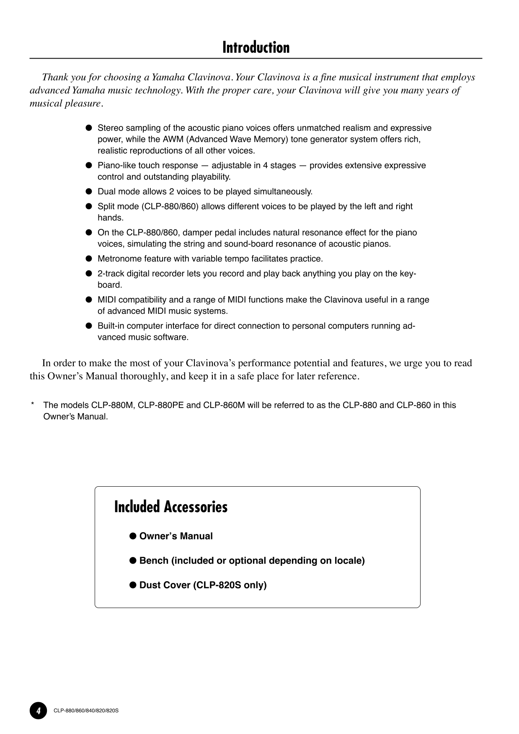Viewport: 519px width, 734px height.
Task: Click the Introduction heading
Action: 256,48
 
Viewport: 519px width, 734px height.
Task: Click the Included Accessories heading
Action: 171,507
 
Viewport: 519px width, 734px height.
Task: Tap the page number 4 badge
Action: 38,711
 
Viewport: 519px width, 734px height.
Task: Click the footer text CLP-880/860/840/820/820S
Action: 86,711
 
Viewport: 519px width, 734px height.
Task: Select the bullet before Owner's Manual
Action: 133,536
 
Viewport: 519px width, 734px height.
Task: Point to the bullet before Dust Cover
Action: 133,585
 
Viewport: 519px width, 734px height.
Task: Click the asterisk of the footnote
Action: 32,405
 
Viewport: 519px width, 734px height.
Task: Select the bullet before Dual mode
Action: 88,192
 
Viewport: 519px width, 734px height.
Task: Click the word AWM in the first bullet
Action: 172,139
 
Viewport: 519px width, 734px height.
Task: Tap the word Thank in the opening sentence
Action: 55,77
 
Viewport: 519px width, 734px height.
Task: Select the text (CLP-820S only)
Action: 230,585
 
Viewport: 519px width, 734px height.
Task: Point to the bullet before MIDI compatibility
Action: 88,300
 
